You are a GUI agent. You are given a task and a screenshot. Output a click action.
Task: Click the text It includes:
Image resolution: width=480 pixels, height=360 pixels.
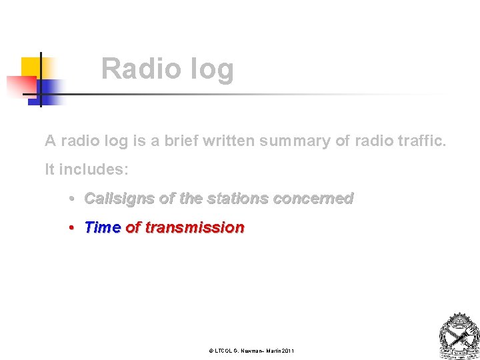coord(87,169)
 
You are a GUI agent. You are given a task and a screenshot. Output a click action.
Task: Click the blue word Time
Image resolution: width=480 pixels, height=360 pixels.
coord(102,227)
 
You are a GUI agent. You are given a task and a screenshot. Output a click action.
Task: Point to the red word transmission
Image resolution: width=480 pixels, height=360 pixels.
coord(195,227)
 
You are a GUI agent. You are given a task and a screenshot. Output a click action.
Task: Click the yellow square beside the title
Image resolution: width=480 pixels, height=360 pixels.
coord(31,67)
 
